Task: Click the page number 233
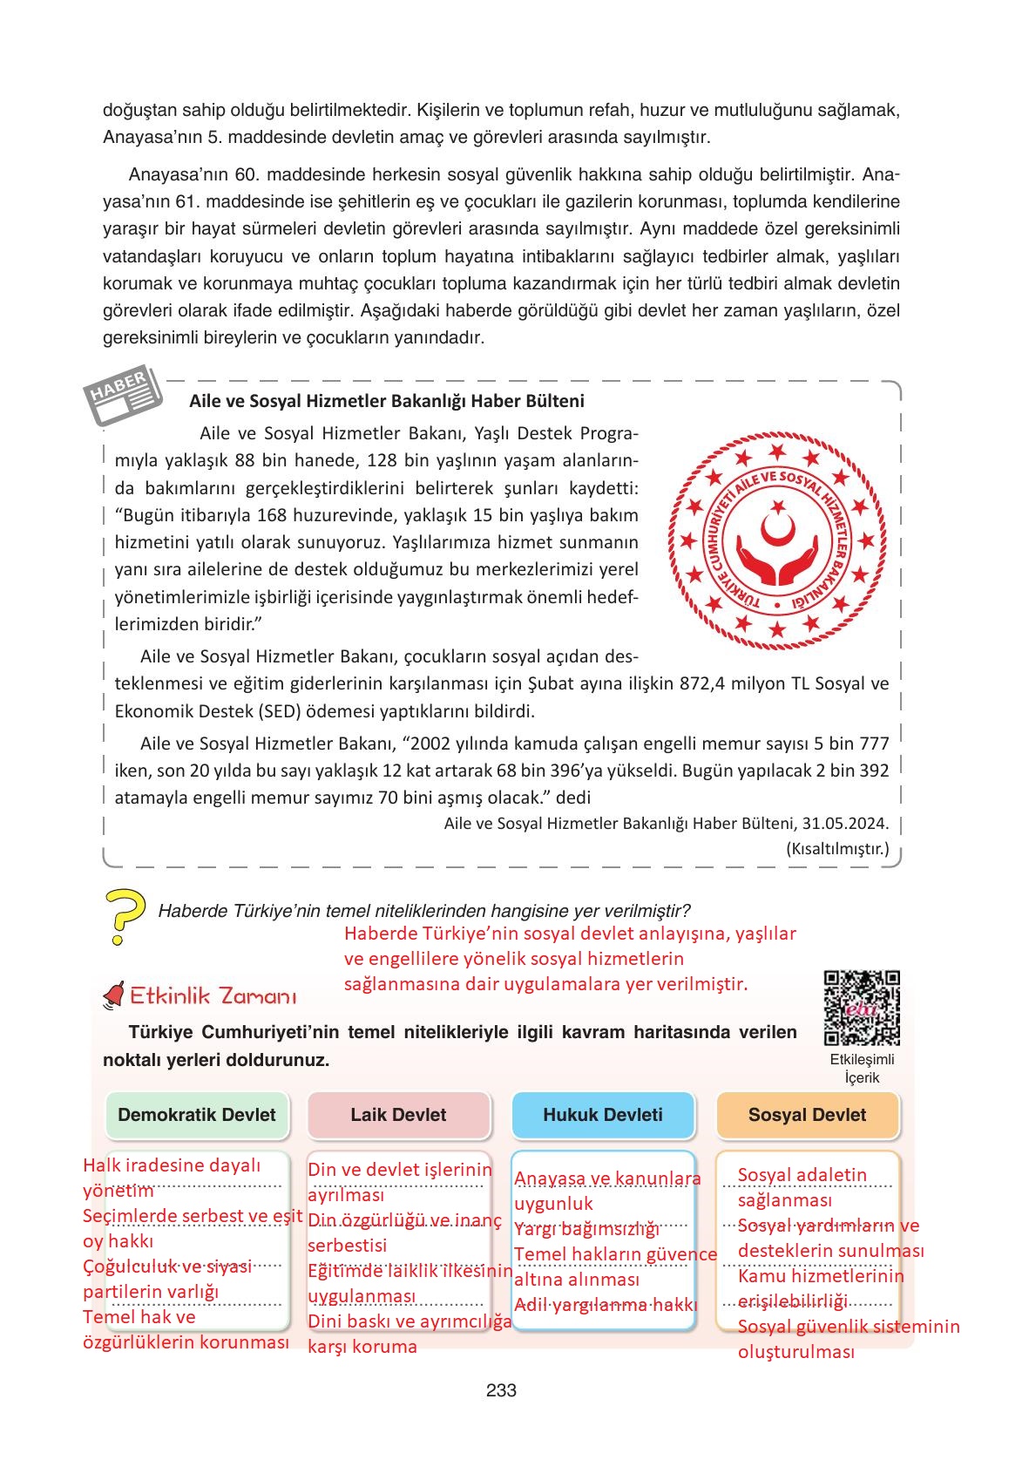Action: pyautogui.click(x=501, y=1390)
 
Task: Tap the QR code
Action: pyautogui.click(x=861, y=1008)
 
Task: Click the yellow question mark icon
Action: pyautogui.click(x=124, y=916)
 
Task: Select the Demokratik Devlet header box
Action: pyautogui.click(x=196, y=1115)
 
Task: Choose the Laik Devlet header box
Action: pyautogui.click(x=398, y=1115)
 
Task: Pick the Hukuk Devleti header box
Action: pyautogui.click(x=602, y=1115)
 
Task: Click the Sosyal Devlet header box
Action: pyautogui.click(x=807, y=1115)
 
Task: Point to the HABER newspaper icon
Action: pyautogui.click(x=123, y=397)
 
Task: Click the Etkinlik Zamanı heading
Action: pyautogui.click(x=213, y=996)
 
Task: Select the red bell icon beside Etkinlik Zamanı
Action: pyautogui.click(x=113, y=995)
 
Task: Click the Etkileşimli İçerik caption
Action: pyautogui.click(x=862, y=1068)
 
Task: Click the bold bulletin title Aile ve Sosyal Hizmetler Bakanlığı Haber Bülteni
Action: pyautogui.click(x=386, y=401)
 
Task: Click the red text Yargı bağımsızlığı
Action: pyautogui.click(x=586, y=1229)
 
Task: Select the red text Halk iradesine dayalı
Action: pyautogui.click(x=172, y=1165)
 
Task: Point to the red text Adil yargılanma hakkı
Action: pyautogui.click(x=606, y=1305)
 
